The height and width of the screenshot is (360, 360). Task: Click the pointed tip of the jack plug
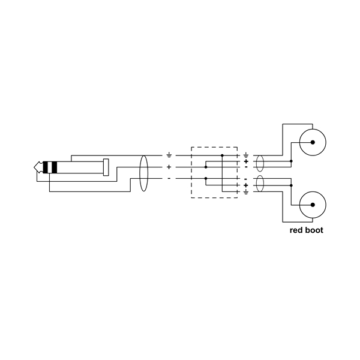tap(35, 167)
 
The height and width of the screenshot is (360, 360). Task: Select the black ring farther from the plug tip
tap(54, 167)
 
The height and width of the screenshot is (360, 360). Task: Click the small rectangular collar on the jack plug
tap(106, 167)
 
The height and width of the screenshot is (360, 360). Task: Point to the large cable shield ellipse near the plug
tap(143, 173)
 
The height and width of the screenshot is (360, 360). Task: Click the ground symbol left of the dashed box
tap(169, 155)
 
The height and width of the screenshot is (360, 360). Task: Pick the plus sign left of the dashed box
tap(169, 167)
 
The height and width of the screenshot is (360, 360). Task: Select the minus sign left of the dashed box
tap(169, 179)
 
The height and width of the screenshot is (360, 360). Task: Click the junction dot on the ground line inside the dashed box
tap(222, 155)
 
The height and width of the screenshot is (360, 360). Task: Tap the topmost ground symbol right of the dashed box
tap(246, 155)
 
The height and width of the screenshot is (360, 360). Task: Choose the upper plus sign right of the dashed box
tap(246, 161)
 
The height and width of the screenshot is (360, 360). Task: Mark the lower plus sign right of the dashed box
tap(246, 185)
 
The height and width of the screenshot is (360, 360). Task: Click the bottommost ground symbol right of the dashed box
tap(246, 192)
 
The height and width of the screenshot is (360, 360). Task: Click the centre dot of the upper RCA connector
tap(313, 143)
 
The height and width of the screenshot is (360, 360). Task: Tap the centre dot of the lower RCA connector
tap(313, 205)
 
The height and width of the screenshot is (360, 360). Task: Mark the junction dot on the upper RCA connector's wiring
tap(291, 161)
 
